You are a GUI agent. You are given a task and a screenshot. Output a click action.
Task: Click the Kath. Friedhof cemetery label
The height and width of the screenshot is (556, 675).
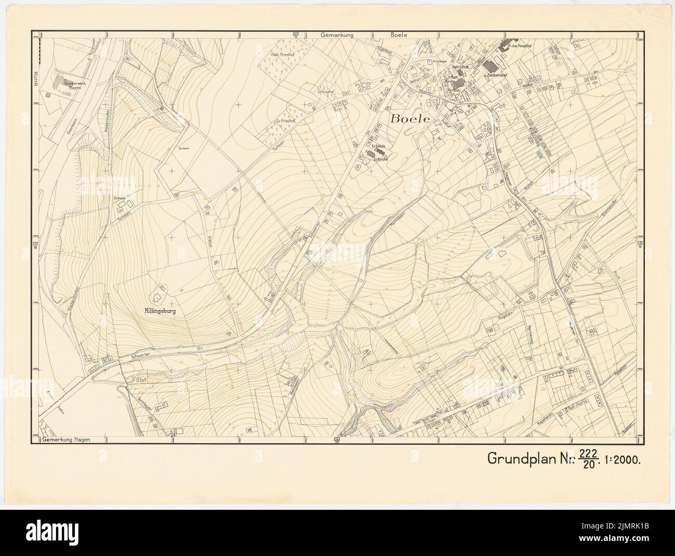[x=282, y=54]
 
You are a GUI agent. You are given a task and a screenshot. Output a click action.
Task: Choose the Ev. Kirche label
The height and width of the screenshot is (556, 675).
[x=381, y=159]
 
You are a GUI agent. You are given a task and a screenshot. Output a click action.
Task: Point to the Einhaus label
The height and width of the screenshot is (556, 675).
[x=120, y=197]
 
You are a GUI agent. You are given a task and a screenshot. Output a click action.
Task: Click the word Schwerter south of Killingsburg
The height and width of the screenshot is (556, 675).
[x=134, y=357]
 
